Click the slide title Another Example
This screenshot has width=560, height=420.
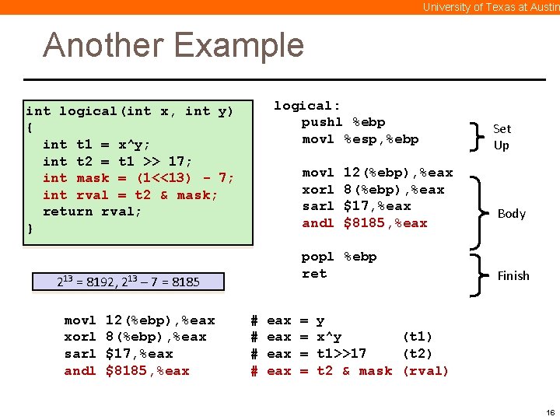[173, 45]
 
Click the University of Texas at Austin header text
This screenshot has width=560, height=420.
[490, 7]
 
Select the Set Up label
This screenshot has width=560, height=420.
[502, 137]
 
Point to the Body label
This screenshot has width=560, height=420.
[511, 214]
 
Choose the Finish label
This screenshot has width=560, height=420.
[513, 275]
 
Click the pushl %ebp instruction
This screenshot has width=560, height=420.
[343, 122]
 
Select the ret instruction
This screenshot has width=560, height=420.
[314, 273]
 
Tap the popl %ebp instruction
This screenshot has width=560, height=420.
[339, 257]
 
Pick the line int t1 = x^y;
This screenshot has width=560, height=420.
[96, 145]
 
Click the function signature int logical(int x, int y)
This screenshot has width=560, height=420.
[129, 111]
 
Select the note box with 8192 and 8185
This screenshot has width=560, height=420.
[128, 282]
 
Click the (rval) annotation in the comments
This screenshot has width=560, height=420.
[425, 371]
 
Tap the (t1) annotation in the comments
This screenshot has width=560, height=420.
[417, 337]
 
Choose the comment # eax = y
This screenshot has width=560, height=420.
[288, 320]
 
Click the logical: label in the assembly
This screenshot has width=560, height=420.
[307, 106]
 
